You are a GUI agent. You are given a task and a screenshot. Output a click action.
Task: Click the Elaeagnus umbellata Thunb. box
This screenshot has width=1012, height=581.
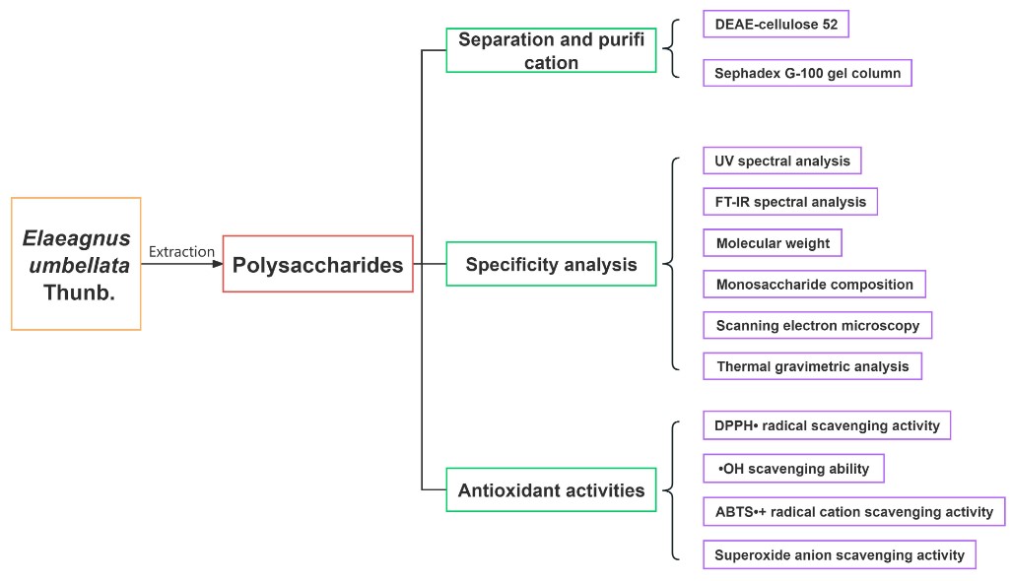(76, 264)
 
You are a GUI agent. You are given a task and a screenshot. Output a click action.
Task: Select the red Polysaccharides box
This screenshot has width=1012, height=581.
(317, 264)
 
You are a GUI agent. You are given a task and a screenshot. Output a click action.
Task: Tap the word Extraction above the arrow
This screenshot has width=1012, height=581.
(181, 252)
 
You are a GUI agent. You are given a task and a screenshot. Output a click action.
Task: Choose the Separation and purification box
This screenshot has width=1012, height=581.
(551, 50)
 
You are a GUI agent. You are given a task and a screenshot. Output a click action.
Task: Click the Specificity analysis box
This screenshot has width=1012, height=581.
(551, 264)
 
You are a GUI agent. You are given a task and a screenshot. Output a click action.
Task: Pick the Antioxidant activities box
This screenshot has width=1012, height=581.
(551, 489)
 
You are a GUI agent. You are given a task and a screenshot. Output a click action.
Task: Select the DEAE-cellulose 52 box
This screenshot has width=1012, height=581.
(776, 25)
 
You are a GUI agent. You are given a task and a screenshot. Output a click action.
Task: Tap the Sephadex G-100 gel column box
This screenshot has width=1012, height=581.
(807, 73)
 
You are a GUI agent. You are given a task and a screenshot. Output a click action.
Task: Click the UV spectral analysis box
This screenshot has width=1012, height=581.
(782, 161)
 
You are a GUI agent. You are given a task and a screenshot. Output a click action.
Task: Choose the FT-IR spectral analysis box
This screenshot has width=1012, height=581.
(790, 202)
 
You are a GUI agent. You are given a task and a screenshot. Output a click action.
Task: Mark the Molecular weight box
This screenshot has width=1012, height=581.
(773, 243)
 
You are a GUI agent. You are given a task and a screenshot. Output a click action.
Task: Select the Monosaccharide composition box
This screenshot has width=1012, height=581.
(814, 285)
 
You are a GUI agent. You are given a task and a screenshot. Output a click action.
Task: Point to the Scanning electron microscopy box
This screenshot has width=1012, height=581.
(817, 326)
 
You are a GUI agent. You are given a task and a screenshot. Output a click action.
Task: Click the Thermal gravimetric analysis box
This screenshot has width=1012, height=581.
(812, 366)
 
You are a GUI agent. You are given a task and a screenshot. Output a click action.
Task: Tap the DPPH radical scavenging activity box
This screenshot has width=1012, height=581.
(827, 425)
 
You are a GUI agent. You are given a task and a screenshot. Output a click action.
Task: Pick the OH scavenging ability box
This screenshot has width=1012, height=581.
(793, 469)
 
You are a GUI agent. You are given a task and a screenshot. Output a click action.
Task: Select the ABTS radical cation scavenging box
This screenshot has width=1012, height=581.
(853, 512)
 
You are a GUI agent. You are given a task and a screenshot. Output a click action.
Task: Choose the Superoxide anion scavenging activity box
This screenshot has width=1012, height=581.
(840, 554)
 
